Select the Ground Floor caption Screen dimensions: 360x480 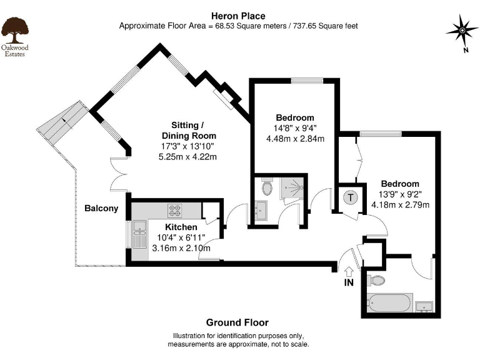pyautogui.click(x=237, y=322)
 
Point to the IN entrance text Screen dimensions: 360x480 pyautogui.click(x=348, y=282)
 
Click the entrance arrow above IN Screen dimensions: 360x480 pyautogui.click(x=348, y=271)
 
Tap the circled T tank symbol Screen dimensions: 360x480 pyautogui.click(x=350, y=197)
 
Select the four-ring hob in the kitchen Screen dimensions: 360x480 pyautogui.click(x=174, y=210)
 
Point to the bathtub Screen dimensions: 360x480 pyautogui.click(x=389, y=304)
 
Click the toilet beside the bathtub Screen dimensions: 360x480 pyautogui.click(x=376, y=280)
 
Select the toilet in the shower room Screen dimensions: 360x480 pyautogui.click(x=267, y=186)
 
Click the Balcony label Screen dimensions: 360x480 pyautogui.click(x=101, y=209)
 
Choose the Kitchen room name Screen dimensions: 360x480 pyautogui.click(x=181, y=227)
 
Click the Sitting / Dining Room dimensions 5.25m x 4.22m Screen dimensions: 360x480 pyautogui.click(x=189, y=156)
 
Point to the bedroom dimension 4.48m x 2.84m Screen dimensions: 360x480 pyautogui.click(x=295, y=139)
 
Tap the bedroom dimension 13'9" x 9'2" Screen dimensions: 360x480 pyautogui.click(x=400, y=194)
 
